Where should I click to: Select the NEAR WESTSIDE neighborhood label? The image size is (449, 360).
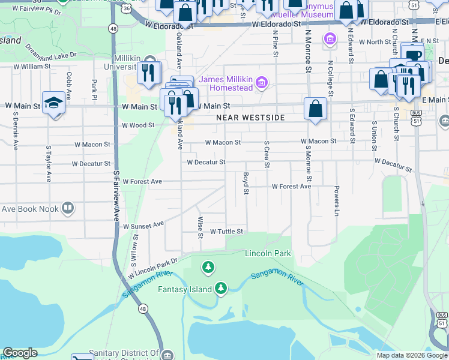[250, 118]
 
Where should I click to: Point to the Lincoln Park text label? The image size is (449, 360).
[268, 253]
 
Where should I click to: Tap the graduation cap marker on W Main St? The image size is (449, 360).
[53, 102]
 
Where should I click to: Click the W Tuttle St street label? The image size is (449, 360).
[226, 232]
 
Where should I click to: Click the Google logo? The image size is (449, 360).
[20, 353]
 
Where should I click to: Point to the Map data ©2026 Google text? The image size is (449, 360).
[411, 355]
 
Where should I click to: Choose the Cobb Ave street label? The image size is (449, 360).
[69, 86]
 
